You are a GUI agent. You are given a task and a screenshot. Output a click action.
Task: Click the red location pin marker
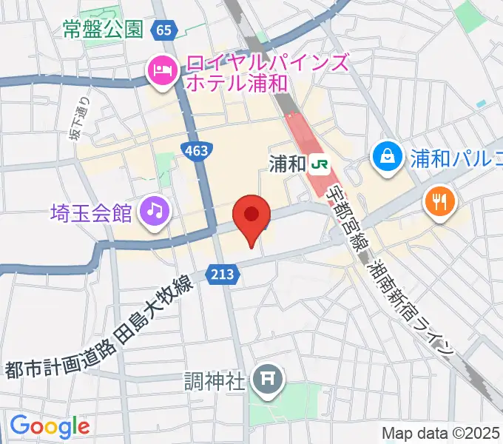pyautogui.click(x=251, y=217)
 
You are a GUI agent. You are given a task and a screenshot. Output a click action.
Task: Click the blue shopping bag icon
pyautogui.click(x=387, y=156)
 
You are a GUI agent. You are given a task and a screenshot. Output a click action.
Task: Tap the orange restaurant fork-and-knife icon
pyautogui.click(x=439, y=199)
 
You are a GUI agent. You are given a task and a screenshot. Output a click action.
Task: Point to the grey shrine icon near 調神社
pyautogui.click(x=267, y=381)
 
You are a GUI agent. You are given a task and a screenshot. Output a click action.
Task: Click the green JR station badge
pyautogui.click(x=320, y=163)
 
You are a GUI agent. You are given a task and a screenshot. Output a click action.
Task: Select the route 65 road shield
pyautogui.click(x=163, y=30)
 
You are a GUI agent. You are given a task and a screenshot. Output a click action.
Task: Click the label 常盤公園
pyautogui.click(x=102, y=30)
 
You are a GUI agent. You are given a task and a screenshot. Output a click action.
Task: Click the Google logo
pyautogui.click(x=50, y=426)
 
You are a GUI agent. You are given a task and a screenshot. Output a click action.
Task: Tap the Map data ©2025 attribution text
pyautogui.click(x=441, y=432)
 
